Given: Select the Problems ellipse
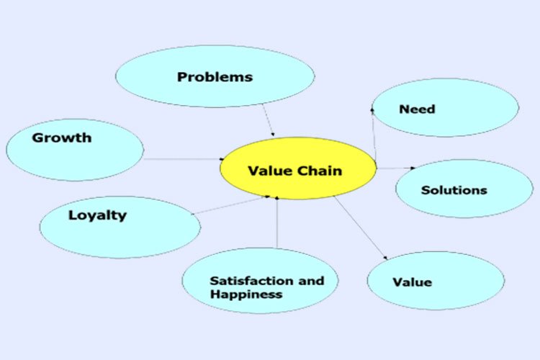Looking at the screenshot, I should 215,76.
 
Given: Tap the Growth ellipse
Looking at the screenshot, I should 75,150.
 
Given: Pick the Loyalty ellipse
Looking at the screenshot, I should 120,227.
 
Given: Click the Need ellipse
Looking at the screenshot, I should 446,108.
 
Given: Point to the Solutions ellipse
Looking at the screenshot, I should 464,189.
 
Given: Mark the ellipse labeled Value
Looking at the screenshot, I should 435,280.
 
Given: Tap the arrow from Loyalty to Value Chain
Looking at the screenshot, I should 230,204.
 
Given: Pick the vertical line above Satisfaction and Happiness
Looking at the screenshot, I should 277,223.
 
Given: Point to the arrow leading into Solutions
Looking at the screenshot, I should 396,168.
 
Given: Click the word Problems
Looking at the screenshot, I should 215,76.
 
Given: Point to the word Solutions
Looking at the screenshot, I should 454,190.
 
